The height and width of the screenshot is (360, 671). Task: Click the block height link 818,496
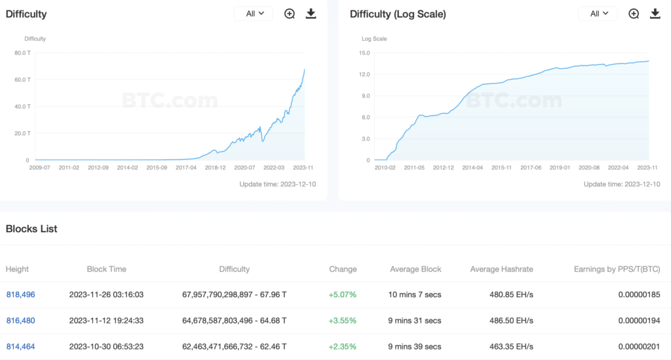click(x=20, y=294)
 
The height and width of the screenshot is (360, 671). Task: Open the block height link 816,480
click(x=20, y=321)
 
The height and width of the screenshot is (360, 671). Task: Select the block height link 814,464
click(x=20, y=346)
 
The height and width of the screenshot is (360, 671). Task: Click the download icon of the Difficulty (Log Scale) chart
click(x=655, y=14)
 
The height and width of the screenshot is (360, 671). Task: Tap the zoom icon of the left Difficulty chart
click(x=290, y=14)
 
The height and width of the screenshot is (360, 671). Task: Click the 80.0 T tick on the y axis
click(x=22, y=53)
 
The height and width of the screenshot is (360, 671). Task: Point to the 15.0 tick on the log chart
click(x=365, y=53)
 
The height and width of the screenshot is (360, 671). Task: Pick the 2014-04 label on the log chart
click(x=473, y=168)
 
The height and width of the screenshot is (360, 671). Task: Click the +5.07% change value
click(x=343, y=294)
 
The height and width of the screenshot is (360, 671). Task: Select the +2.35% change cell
click(x=343, y=346)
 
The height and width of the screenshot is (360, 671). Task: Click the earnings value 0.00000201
click(x=639, y=346)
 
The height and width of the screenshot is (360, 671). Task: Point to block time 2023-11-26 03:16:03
click(x=106, y=294)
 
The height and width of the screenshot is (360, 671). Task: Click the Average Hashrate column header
click(x=501, y=269)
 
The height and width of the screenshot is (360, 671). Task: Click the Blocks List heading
click(x=31, y=229)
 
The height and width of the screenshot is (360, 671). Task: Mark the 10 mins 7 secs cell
click(x=415, y=294)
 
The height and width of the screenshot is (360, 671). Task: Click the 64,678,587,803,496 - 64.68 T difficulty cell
click(x=234, y=321)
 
